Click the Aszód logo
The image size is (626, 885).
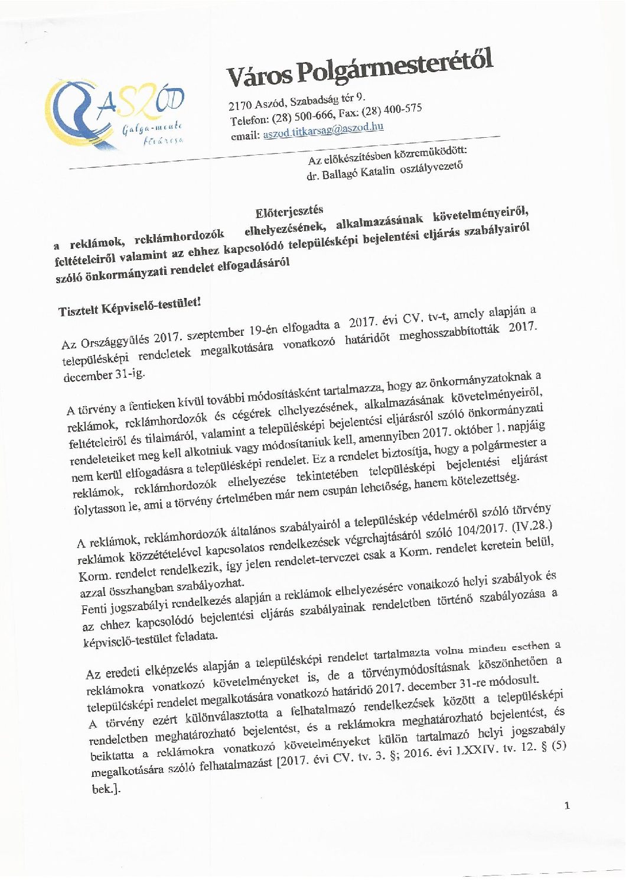tap(116, 115)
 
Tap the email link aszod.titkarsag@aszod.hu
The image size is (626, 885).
tap(323, 129)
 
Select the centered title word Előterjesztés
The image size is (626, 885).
tap(289, 212)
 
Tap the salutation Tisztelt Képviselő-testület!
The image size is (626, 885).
tap(130, 307)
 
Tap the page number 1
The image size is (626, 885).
tap(567, 805)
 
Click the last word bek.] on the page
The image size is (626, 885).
tap(106, 789)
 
